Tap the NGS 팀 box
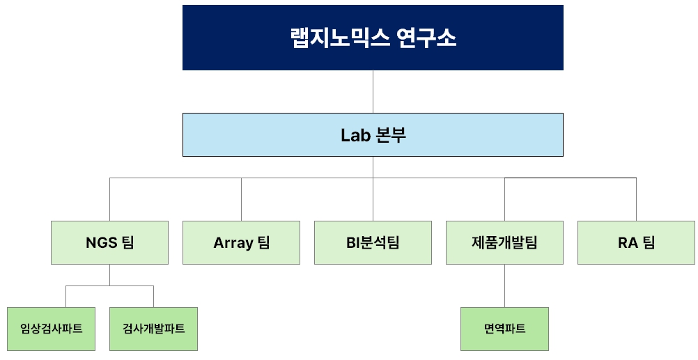tap(109, 242)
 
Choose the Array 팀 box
tap(241, 242)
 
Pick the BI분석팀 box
tap(373, 242)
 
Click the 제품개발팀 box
tap(504, 242)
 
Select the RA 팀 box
tap(636, 242)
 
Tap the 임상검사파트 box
tap(52, 329)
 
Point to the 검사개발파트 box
tap(153, 329)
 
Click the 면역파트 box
tap(504, 329)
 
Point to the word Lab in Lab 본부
tap(354, 135)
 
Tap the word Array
tap(233, 243)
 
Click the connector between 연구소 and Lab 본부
tap(373, 91)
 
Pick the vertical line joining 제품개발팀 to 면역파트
tap(504, 285)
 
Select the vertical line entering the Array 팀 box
tap(241, 199)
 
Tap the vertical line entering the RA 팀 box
tap(636, 199)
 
